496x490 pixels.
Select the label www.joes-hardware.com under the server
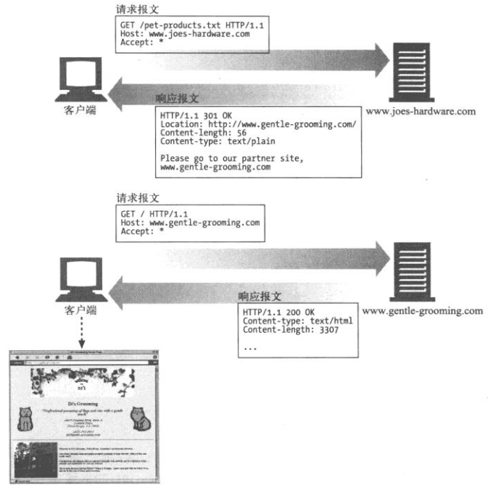(x=421, y=111)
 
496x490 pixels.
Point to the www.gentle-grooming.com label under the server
(x=421, y=311)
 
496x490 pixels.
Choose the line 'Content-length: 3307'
(x=297, y=329)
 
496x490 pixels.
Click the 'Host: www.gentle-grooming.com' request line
(x=189, y=223)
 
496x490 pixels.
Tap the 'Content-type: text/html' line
(x=297, y=320)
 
